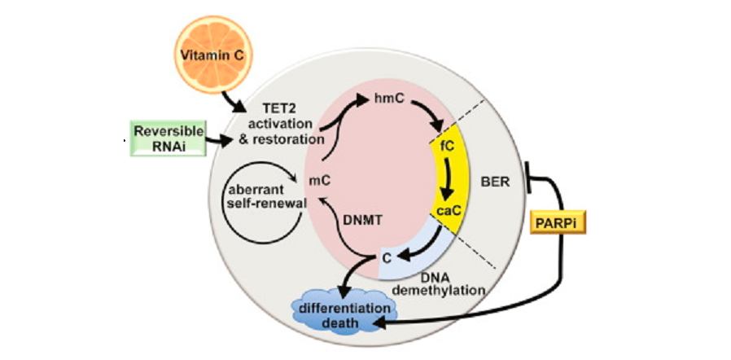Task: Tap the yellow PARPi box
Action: coord(558,221)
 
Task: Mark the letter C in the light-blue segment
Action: coord(387,258)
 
